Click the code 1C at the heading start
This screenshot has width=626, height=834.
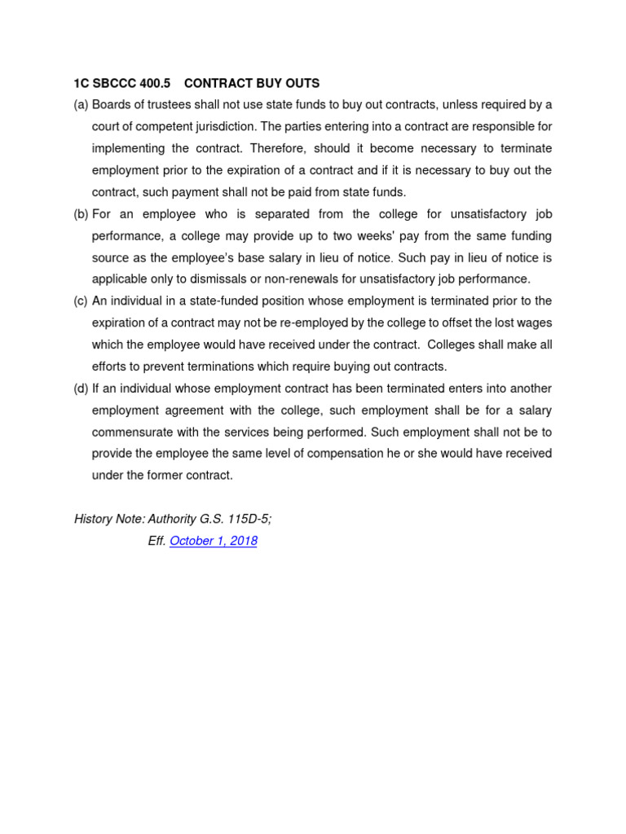[82, 83]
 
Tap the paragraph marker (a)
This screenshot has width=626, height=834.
[81, 105]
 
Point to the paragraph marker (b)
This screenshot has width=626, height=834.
[81, 214]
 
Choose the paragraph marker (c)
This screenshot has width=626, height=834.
[81, 301]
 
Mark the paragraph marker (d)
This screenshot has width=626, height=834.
[81, 388]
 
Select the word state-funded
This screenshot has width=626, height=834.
[201, 301]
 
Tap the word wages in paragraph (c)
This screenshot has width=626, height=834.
[535, 323]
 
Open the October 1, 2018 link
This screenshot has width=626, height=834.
[214, 541]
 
